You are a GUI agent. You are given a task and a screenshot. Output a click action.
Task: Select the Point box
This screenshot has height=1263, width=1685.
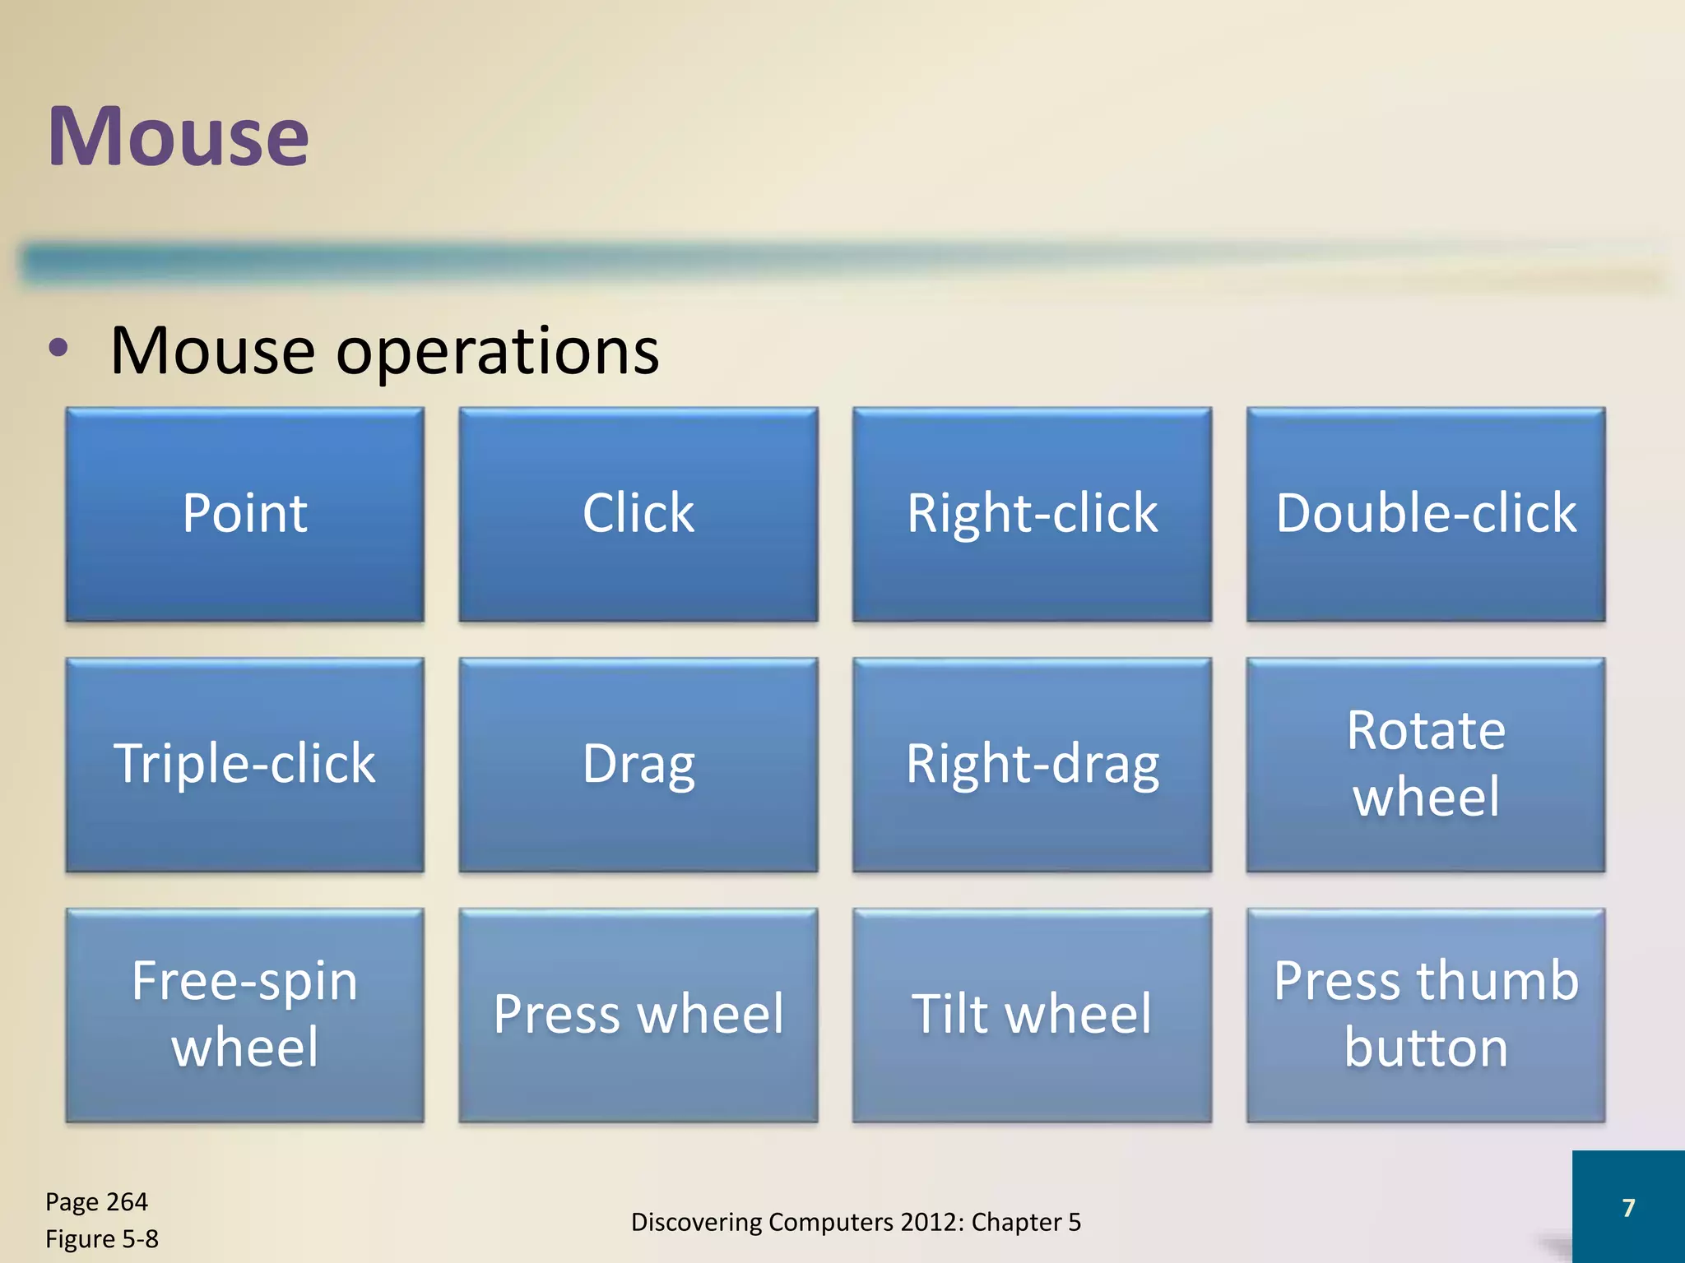[244, 514]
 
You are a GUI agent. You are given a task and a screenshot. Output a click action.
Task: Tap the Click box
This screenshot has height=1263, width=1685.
[638, 514]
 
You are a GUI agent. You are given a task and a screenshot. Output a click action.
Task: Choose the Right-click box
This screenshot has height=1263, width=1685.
[1032, 514]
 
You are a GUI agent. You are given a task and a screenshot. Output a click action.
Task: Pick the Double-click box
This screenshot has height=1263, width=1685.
[1425, 514]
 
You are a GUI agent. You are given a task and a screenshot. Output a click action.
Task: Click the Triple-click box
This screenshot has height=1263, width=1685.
[244, 764]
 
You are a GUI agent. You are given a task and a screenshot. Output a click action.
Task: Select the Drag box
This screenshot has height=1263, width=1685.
[638, 764]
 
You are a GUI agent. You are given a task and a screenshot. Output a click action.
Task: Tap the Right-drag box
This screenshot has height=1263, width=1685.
[1032, 764]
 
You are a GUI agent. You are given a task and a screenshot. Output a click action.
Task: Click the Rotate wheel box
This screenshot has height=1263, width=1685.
[1425, 764]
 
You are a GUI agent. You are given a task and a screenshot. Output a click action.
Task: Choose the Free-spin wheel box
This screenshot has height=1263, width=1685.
[244, 1015]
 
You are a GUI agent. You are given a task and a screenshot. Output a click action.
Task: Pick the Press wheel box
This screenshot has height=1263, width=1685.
[638, 1015]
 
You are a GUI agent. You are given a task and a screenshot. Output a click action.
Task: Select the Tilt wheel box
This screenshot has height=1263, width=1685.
[1032, 1015]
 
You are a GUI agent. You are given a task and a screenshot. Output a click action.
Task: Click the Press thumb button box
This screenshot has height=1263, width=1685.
[1425, 1015]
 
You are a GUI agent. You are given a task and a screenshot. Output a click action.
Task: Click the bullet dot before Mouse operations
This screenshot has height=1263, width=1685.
[58, 349]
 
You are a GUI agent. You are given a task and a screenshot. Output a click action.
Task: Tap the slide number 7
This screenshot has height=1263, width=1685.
[1627, 1207]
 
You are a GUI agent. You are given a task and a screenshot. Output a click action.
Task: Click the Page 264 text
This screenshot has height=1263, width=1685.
[96, 1202]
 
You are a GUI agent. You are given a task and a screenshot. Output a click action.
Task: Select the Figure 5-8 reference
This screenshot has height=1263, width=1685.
[101, 1239]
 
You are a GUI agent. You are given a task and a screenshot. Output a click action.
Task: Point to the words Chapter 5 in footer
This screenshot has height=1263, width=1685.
[1026, 1223]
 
